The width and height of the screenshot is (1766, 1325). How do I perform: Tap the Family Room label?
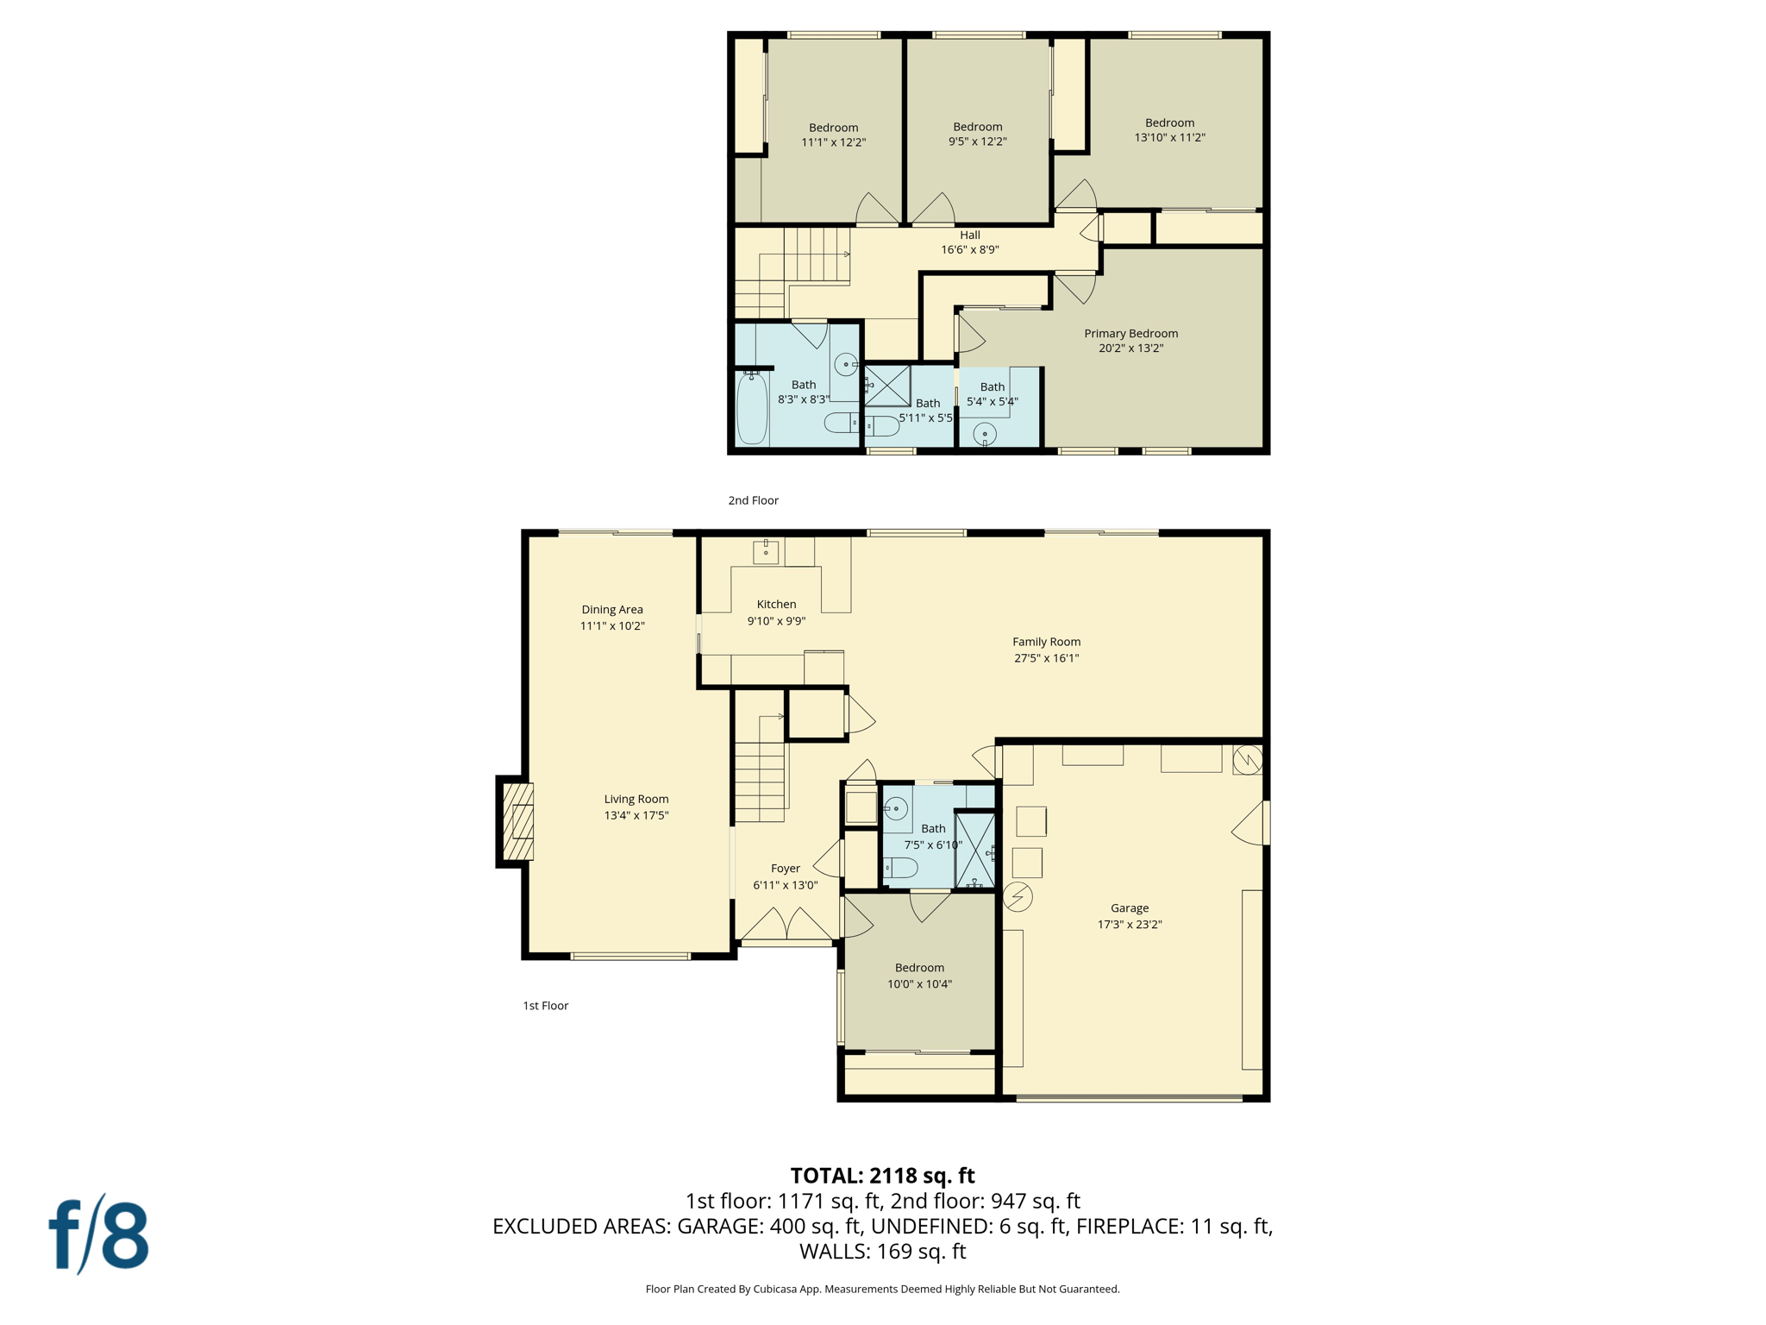(x=1046, y=642)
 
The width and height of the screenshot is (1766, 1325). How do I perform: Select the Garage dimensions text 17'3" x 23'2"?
(x=1130, y=924)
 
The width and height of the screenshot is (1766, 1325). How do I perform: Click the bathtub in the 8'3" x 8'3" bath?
(x=752, y=409)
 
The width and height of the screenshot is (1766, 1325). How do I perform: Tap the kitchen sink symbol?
(x=766, y=550)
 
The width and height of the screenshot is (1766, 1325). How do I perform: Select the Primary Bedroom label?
(x=1130, y=333)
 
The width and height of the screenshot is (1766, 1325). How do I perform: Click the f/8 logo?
(x=99, y=1235)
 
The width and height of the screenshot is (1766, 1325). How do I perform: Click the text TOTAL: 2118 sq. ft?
(x=882, y=1176)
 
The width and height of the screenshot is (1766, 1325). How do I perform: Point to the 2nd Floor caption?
(x=753, y=500)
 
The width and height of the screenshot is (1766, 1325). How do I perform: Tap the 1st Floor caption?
(x=545, y=1006)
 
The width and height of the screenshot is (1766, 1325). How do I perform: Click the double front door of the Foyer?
(x=786, y=925)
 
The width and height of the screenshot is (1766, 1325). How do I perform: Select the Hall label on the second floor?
(x=970, y=235)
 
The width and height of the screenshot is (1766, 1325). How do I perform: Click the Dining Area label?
(x=612, y=609)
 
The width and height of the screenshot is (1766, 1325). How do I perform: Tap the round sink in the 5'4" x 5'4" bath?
(x=984, y=433)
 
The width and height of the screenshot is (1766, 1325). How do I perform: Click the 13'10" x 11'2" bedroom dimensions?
(x=1169, y=137)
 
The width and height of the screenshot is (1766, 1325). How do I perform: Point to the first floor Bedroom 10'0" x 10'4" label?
(x=919, y=968)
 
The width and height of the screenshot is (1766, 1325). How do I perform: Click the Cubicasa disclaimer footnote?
(x=882, y=1289)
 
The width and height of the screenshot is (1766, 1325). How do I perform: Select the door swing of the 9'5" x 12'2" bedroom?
(x=934, y=209)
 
